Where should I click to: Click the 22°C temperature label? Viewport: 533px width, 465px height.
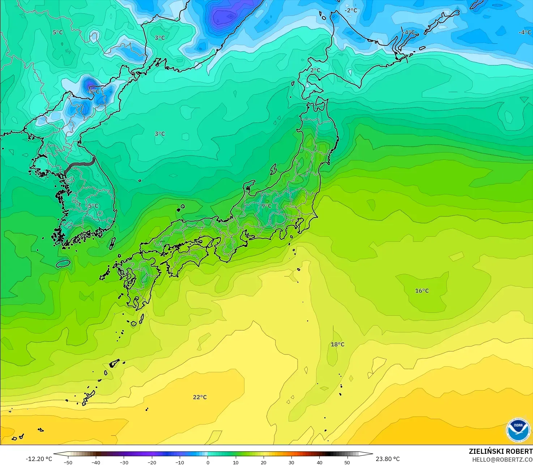click(x=200, y=397)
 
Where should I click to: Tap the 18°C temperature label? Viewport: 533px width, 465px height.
click(x=337, y=344)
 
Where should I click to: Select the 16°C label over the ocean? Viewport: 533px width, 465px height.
click(x=422, y=291)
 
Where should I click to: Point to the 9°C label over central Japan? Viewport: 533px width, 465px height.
click(x=266, y=206)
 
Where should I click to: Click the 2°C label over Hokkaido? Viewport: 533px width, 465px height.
click(x=315, y=70)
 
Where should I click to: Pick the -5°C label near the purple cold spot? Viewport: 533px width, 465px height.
click(x=93, y=91)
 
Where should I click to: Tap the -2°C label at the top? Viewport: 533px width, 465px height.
click(x=350, y=10)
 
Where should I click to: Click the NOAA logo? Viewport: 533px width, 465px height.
click(x=518, y=430)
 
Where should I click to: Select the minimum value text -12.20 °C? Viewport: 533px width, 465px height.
click(x=39, y=459)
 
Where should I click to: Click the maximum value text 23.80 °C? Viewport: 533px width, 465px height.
click(x=388, y=459)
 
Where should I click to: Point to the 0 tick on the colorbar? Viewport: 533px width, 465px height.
click(x=208, y=462)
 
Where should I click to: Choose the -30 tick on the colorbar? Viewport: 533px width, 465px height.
click(x=124, y=462)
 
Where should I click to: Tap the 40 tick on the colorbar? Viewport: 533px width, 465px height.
click(x=319, y=462)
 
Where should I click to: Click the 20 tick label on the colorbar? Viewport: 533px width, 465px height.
click(x=263, y=462)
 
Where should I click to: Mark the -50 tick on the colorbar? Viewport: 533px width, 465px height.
click(x=68, y=462)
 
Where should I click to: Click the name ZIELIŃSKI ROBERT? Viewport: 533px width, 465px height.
click(x=500, y=451)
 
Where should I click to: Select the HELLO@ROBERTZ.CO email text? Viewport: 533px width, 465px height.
click(x=502, y=459)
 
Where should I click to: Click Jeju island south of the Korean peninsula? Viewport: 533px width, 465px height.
click(x=63, y=263)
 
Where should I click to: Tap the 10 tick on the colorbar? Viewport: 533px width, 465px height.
click(x=235, y=462)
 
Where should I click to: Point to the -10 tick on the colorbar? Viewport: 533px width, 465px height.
click(x=180, y=462)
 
